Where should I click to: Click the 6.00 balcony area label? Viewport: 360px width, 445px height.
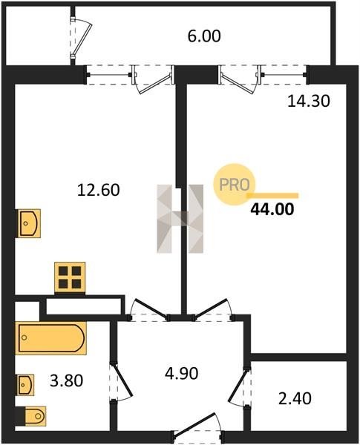(204, 36)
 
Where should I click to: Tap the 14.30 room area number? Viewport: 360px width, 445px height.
(309, 101)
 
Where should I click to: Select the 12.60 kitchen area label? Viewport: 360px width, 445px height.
(98, 190)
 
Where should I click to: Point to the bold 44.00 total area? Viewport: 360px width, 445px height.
(272, 210)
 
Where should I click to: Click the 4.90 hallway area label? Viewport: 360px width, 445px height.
(181, 374)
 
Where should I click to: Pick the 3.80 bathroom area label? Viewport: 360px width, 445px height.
(67, 380)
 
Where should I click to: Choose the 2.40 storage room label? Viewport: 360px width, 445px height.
(295, 398)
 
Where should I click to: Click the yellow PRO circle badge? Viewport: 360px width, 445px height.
(235, 185)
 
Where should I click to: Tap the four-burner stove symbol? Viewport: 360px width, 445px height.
(70, 277)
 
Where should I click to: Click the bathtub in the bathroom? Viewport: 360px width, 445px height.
(51, 338)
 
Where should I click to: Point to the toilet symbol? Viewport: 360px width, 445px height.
(35, 416)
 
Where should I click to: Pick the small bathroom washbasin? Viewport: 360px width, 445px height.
(26, 385)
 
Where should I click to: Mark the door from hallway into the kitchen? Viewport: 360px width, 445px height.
(149, 310)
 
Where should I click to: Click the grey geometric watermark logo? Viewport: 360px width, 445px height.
(180, 219)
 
